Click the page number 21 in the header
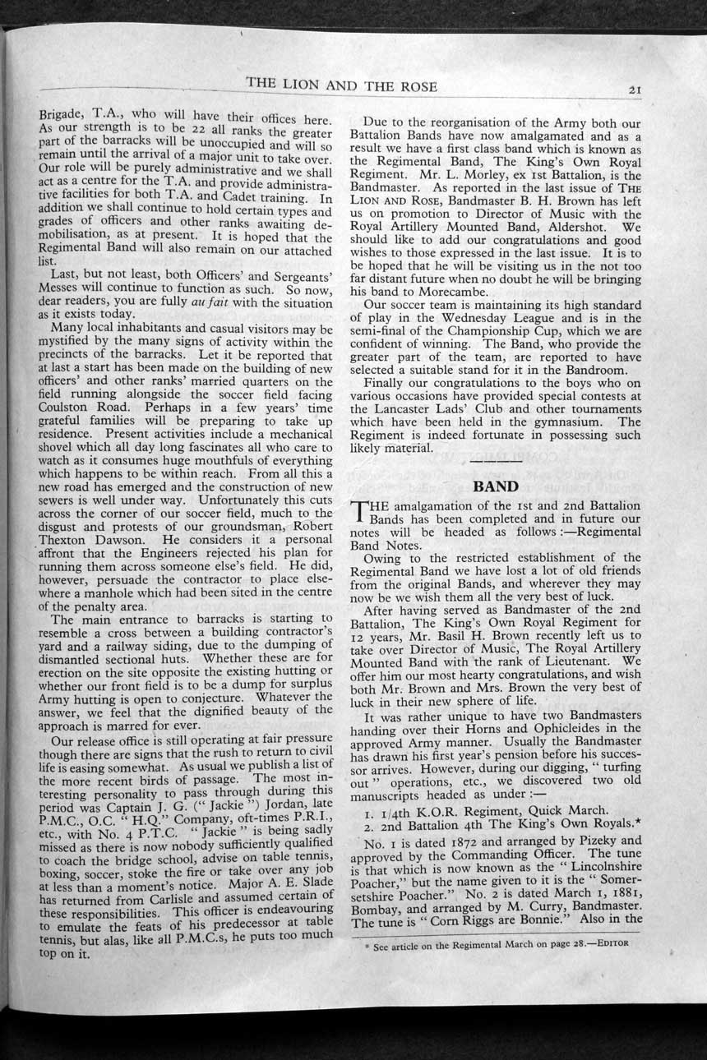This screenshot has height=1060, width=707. pyautogui.click(x=635, y=90)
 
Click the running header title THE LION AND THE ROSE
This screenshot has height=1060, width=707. pyautogui.click(x=342, y=85)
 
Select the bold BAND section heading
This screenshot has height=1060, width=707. pyautogui.click(x=495, y=486)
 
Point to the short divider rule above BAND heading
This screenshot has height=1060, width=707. pyautogui.click(x=496, y=465)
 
